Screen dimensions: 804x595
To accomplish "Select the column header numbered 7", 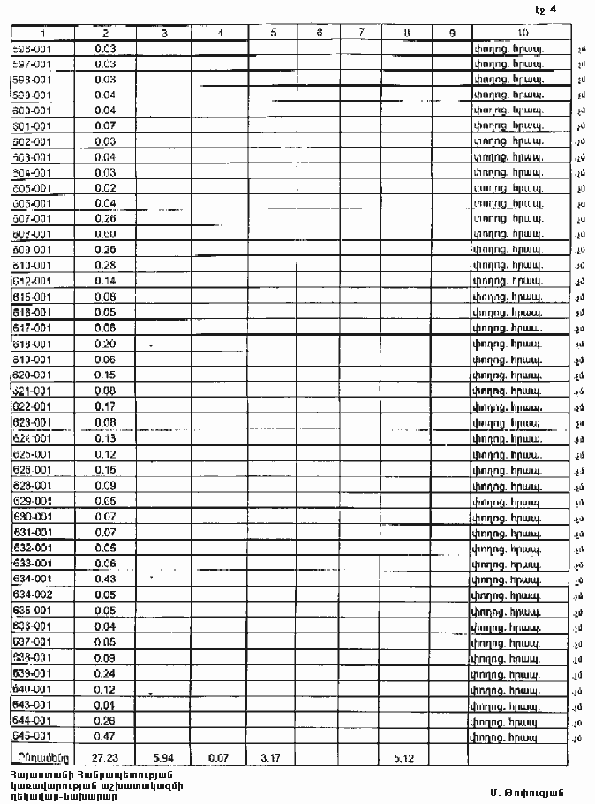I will pyautogui.click(x=362, y=33).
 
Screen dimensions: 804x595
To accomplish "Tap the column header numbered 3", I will pyautogui.click(x=165, y=33).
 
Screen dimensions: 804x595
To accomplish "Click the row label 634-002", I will pyautogui.click(x=32, y=595).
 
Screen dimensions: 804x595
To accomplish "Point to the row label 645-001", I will pyautogui.click(x=32, y=735).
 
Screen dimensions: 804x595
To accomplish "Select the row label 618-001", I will pyautogui.click(x=32, y=344).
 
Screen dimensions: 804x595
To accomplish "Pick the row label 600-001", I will pyautogui.click(x=32, y=110).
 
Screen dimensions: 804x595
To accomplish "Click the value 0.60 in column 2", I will pyautogui.click(x=105, y=234).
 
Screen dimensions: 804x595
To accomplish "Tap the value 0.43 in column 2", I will pyautogui.click(x=105, y=579).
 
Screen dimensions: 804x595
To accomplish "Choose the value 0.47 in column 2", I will pyautogui.click(x=105, y=735).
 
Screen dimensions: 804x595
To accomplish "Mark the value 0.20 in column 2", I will pyautogui.click(x=105, y=344).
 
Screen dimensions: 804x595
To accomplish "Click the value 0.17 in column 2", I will pyautogui.click(x=105, y=406).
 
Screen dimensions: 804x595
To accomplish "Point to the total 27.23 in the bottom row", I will pyautogui.click(x=105, y=757).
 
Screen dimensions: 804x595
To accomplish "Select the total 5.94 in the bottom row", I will pyautogui.click(x=165, y=757).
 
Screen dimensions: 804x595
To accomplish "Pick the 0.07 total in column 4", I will pyautogui.click(x=219, y=757).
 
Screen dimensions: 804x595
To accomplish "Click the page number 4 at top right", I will pyautogui.click(x=551, y=11).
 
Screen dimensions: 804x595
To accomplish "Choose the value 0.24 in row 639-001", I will pyautogui.click(x=105, y=672).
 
